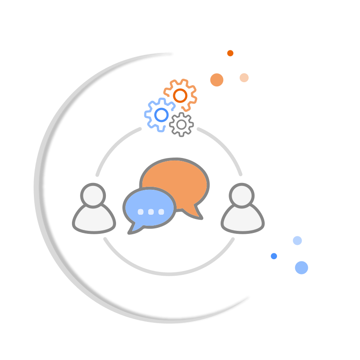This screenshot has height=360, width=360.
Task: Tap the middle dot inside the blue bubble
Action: click(x=151, y=212)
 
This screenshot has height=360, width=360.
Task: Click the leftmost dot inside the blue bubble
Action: click(x=141, y=212)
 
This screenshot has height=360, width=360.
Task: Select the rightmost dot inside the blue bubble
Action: click(x=161, y=212)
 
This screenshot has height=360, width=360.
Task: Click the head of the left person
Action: click(x=93, y=195)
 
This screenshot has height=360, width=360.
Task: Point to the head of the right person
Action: click(x=241, y=195)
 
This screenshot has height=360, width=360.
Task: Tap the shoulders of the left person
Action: click(x=94, y=220)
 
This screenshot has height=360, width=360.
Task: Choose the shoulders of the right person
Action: click(x=242, y=220)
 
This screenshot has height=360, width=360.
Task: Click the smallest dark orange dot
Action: click(x=230, y=53)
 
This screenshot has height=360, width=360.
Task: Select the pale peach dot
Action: click(x=244, y=78)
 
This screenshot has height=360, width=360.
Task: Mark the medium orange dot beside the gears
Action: click(x=217, y=80)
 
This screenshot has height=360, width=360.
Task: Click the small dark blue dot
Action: click(x=274, y=256)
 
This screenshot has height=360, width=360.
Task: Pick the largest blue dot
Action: click(x=302, y=267)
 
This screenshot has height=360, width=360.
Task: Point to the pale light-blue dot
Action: click(x=297, y=241)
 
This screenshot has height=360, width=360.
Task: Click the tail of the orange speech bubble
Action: click(x=197, y=214)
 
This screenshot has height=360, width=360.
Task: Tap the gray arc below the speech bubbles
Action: click(x=169, y=274)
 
